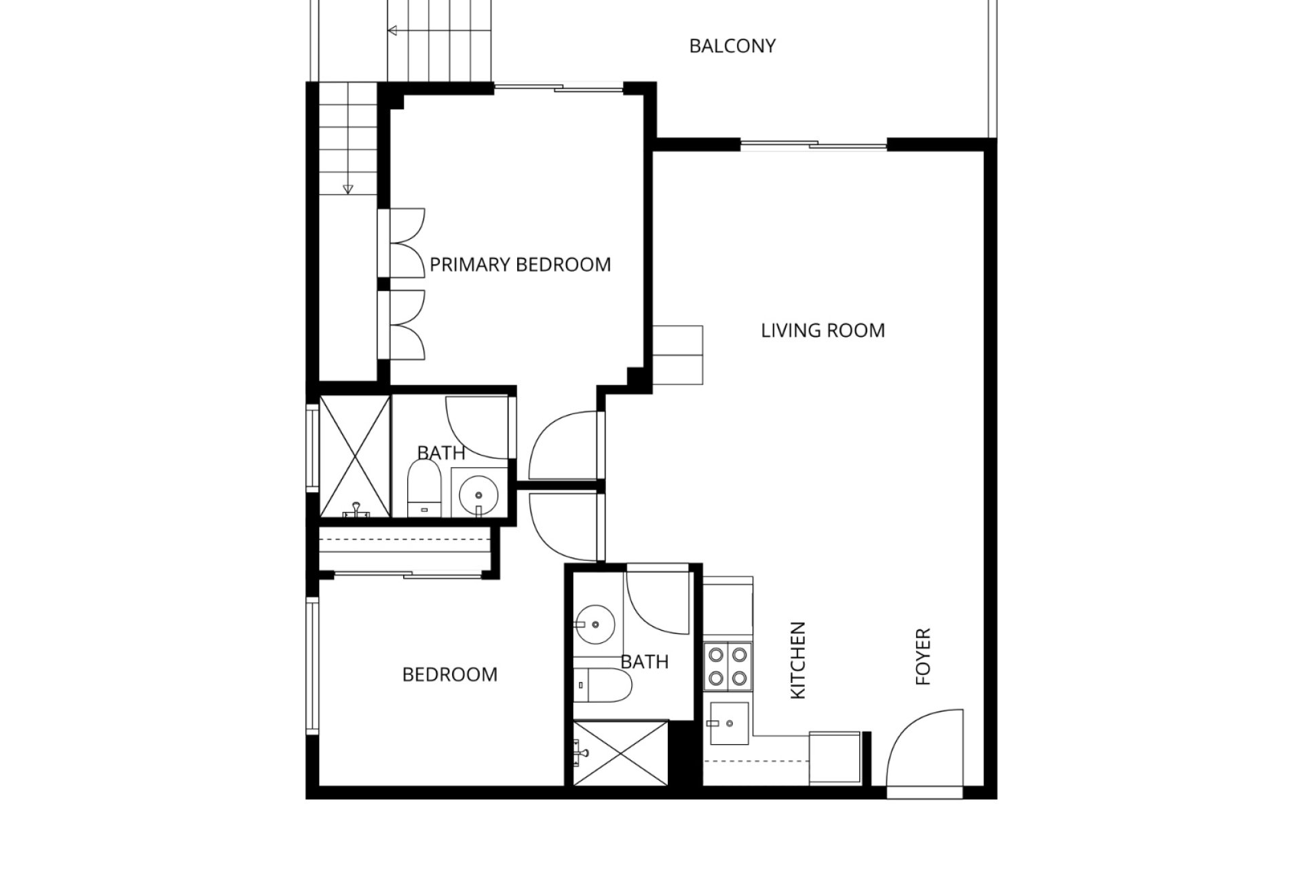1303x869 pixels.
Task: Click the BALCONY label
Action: pos(732,45)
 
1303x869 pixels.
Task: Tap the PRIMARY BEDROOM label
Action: pos(521,264)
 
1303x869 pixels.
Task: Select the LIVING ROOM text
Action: pos(823,331)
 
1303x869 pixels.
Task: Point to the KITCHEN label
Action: pos(798,660)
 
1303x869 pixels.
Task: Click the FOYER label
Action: pos(923,657)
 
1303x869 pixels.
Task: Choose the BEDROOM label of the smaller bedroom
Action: pos(450,674)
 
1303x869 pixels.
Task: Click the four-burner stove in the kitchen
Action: pos(728,666)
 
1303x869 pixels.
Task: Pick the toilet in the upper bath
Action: pos(425,489)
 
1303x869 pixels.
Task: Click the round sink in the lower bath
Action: pos(594,623)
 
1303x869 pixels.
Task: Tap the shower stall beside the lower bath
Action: pos(620,753)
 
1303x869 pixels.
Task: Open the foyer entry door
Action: pos(925,749)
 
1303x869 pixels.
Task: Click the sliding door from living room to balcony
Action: pos(813,144)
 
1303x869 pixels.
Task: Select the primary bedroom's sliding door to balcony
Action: pos(559,87)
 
